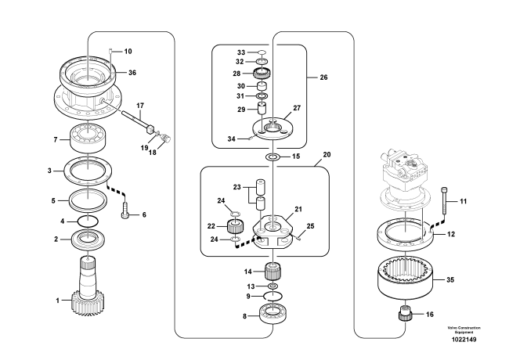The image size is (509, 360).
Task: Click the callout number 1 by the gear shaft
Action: (56, 300)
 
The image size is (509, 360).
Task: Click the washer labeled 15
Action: (273, 157)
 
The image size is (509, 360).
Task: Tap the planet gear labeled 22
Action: (234, 228)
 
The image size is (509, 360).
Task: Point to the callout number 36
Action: (132, 73)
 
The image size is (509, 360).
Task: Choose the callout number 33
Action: (241, 52)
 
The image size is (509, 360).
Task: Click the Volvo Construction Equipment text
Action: (464, 329)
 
